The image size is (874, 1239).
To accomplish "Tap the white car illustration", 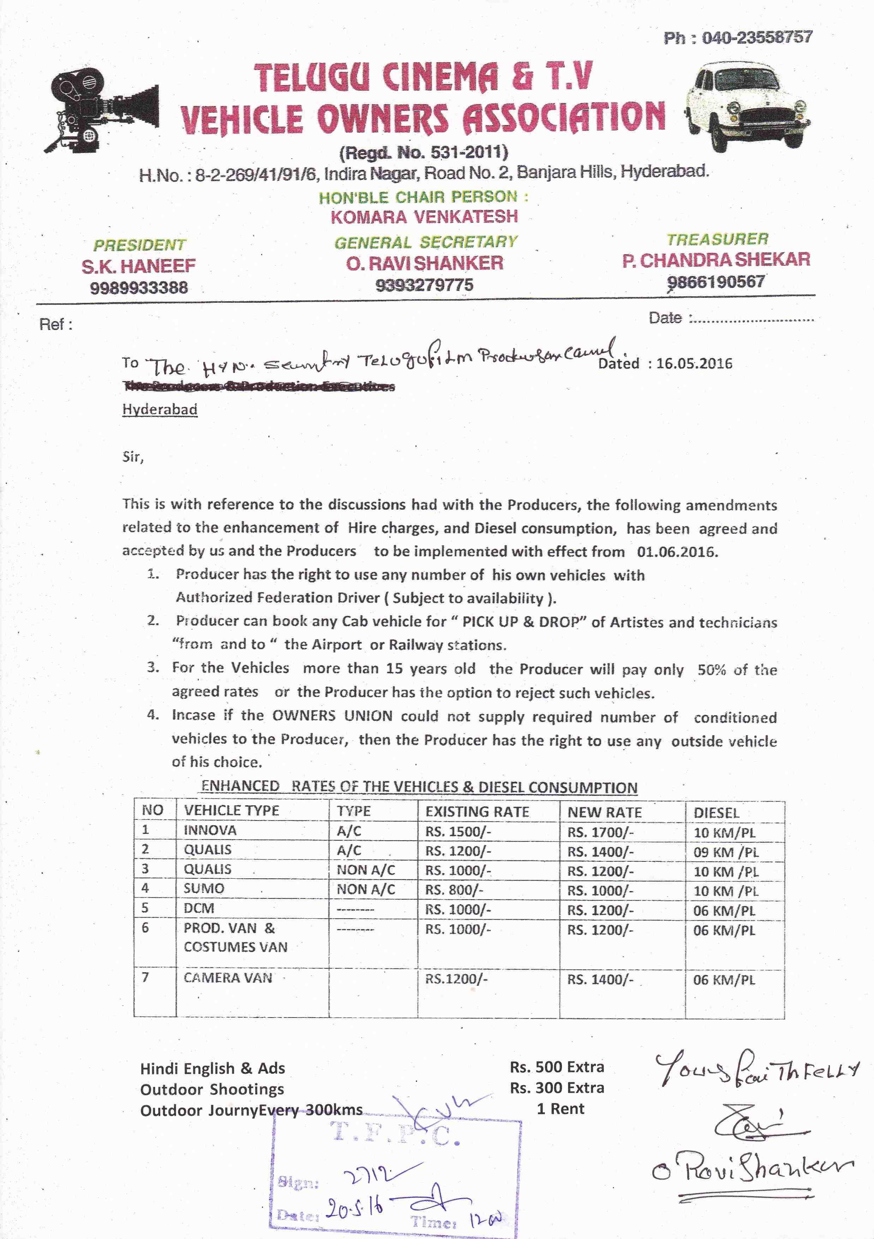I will click(x=748, y=106).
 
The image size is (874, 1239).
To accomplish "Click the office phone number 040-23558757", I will click(x=756, y=38).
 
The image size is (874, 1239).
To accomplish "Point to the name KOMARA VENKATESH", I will click(x=424, y=217).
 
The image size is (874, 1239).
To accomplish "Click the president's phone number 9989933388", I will click(x=139, y=287).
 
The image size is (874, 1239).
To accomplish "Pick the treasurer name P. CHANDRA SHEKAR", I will click(x=716, y=260).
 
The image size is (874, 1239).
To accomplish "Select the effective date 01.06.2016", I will click(x=677, y=552).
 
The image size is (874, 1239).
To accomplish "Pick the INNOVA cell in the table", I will click(x=210, y=830).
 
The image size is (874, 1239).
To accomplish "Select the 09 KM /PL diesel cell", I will click(x=726, y=852).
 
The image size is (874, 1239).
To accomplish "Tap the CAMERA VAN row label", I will click(x=228, y=978).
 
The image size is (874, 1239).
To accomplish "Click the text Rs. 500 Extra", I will click(x=557, y=1067).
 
